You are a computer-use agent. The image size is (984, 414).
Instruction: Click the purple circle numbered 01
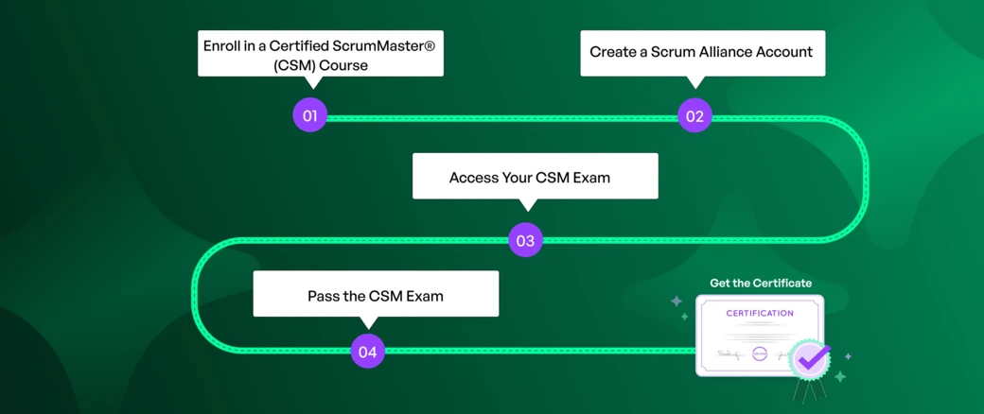coord(309,115)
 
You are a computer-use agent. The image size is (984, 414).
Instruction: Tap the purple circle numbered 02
coord(694,116)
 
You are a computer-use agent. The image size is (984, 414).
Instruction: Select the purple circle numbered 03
coord(525,240)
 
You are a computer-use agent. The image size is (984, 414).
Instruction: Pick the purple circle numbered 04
coord(367,352)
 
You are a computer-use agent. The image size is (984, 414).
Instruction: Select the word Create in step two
coord(612,52)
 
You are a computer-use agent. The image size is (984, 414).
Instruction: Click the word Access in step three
coord(473,178)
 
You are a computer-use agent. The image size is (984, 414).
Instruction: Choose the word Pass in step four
coord(324,296)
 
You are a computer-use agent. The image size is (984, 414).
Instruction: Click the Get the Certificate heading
coord(761,283)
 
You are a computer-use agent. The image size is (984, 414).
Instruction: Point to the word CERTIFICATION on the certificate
coord(760,313)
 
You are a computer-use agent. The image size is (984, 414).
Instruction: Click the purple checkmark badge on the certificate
coord(810,359)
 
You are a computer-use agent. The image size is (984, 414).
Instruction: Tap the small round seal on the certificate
coord(760,354)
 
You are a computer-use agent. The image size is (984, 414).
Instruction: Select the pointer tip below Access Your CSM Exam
coord(529,206)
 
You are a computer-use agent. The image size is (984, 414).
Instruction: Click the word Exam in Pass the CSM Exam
coord(425,296)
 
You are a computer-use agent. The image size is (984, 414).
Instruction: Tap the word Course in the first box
coord(343,65)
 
